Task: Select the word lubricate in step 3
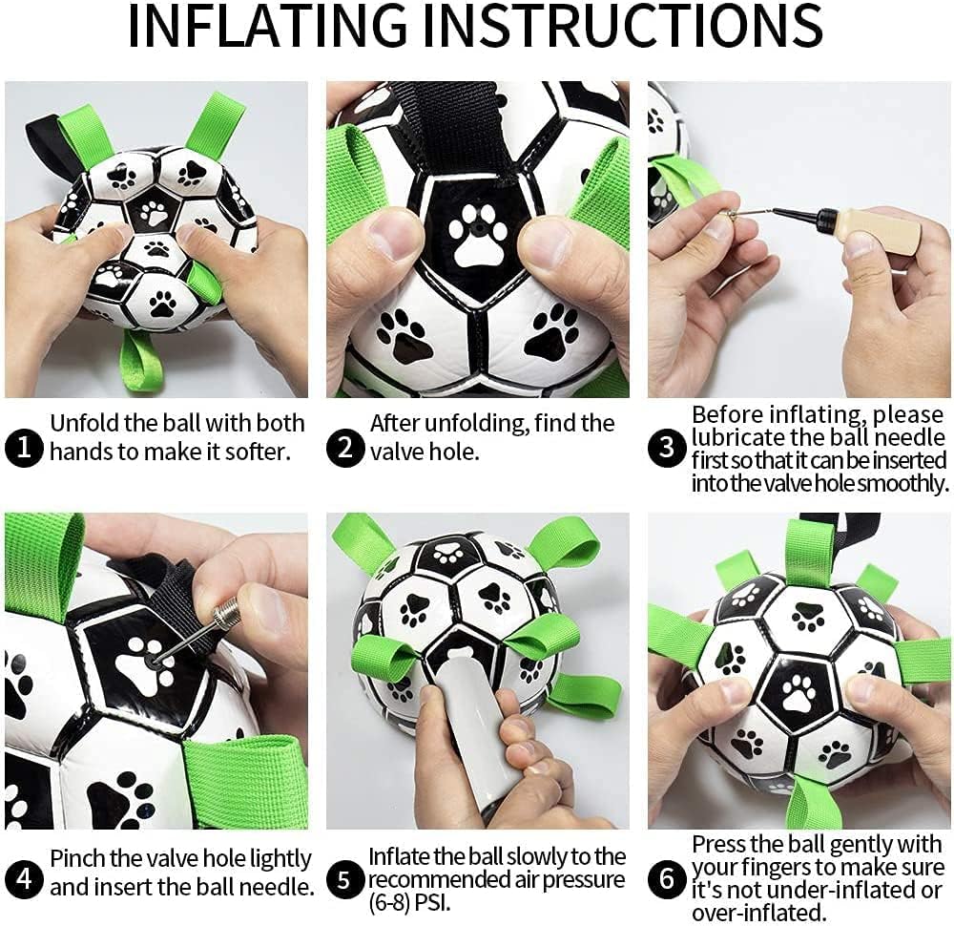click(x=742, y=439)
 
